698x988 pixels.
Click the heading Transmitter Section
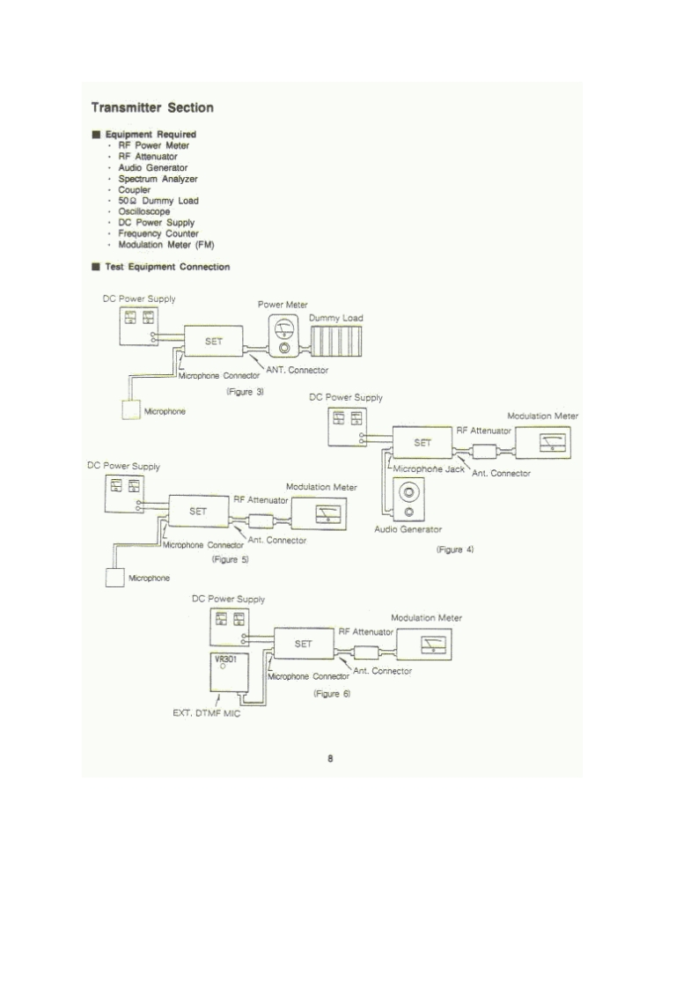tap(152, 108)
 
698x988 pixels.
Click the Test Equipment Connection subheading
tap(167, 267)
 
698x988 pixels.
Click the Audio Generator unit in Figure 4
tap(408, 499)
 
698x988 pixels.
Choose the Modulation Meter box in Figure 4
tap(544, 441)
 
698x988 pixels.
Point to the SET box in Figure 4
tap(422, 443)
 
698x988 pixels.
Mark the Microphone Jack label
tap(429, 469)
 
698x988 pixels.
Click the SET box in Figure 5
tap(198, 511)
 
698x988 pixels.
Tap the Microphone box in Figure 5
tap(114, 579)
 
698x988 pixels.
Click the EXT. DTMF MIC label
tap(207, 713)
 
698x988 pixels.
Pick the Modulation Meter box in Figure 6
tap(429, 645)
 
